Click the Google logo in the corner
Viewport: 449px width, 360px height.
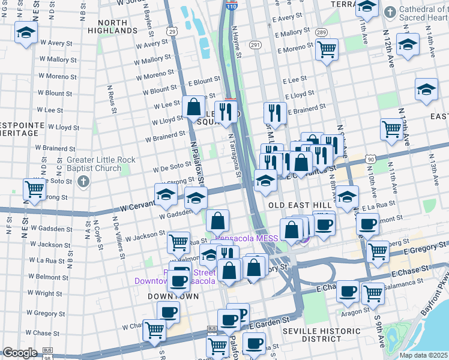point(20,353)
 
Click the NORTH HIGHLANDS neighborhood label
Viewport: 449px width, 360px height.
point(108,26)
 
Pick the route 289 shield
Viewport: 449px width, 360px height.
point(322,32)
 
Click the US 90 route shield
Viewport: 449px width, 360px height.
point(372,159)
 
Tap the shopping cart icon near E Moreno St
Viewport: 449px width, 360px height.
point(327,49)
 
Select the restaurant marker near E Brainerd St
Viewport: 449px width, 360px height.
point(274,112)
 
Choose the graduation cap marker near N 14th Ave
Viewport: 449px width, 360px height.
point(426,89)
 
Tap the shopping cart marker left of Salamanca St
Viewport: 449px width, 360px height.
point(373,293)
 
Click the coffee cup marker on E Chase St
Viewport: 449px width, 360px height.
point(348,292)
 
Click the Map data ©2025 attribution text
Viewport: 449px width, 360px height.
point(423,355)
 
